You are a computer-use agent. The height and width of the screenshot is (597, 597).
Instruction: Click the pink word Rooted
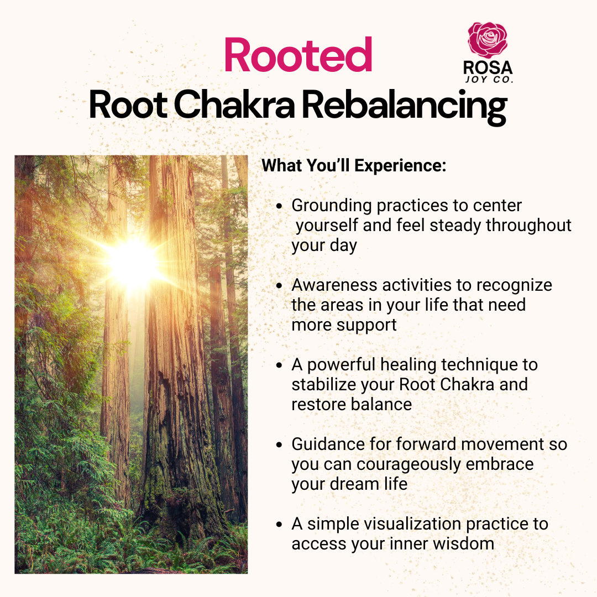tap(298, 55)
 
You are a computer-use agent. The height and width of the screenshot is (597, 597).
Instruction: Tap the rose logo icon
tap(488, 40)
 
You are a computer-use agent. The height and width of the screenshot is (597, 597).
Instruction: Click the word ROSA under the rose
tap(488, 68)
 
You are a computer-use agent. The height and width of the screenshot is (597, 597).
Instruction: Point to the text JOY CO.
tap(489, 80)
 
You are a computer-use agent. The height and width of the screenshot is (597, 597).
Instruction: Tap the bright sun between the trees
tap(133, 263)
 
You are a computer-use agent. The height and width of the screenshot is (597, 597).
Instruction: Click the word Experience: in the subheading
tap(400, 166)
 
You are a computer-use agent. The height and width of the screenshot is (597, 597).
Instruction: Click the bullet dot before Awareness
tap(280, 286)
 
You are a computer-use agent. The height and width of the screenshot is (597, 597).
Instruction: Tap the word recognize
tap(514, 286)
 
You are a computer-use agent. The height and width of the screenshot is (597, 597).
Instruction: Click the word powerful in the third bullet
tap(341, 365)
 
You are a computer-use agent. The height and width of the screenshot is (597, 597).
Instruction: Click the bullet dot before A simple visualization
tap(280, 524)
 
